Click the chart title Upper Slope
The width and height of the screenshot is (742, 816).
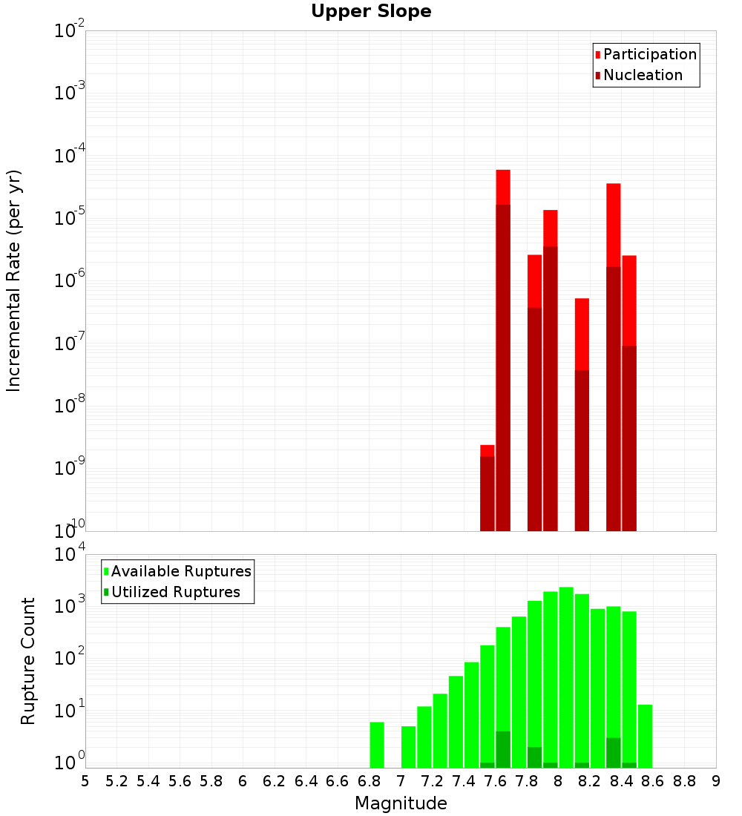[x=371, y=12]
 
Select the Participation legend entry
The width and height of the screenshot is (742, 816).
[x=650, y=54]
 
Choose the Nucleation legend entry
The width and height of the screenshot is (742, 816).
[x=643, y=75]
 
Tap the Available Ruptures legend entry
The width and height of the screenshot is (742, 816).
[x=181, y=571]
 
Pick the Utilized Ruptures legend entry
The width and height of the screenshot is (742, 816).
[x=175, y=592]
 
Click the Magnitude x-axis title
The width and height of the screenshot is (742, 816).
[x=401, y=803]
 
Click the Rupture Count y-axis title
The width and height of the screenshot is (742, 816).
[x=28, y=660]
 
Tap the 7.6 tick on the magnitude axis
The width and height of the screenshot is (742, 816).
[x=495, y=780]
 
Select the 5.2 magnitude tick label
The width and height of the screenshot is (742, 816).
[x=116, y=780]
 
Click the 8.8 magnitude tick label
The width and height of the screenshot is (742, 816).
[x=684, y=780]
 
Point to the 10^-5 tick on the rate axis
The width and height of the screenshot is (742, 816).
[x=70, y=217]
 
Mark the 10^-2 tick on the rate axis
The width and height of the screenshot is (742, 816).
[x=70, y=31]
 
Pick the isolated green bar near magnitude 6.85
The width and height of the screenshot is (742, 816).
[x=377, y=745]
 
